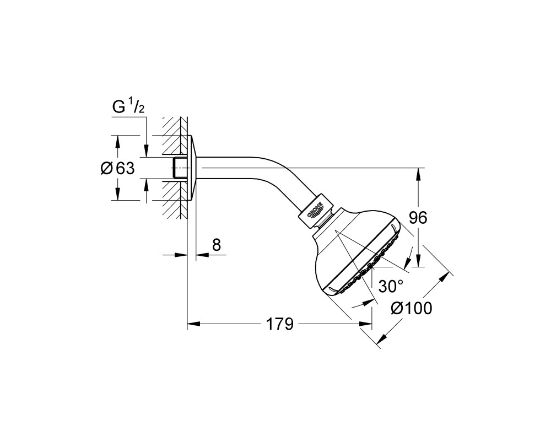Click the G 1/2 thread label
[x=128, y=107]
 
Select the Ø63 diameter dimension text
[x=117, y=169]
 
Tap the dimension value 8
[x=217, y=245]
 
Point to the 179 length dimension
[x=280, y=324]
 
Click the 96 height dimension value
[x=418, y=218]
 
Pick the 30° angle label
[x=391, y=287]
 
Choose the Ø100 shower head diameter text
[x=412, y=308]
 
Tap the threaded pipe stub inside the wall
[x=180, y=168]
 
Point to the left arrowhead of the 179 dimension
[x=193, y=324]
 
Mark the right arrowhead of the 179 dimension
[x=365, y=324]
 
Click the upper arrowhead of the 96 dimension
[x=418, y=175]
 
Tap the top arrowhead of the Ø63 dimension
[x=118, y=142]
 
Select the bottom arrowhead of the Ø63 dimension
[x=118, y=194]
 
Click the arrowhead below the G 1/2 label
[x=146, y=150]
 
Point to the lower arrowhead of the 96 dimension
[x=418, y=260]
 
